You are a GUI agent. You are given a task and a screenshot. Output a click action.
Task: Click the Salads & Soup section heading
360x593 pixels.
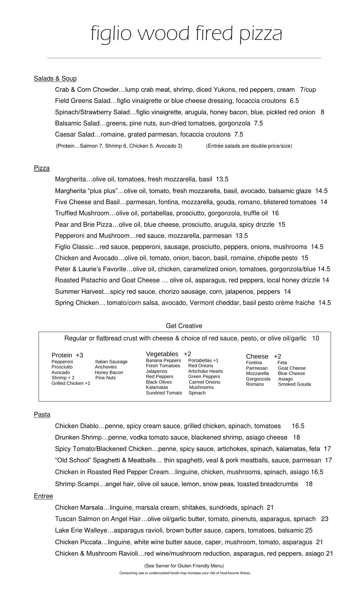tap(55, 78)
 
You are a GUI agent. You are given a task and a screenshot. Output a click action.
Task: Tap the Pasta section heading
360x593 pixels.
tap(42, 414)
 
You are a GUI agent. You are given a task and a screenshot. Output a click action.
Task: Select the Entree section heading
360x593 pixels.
tap(43, 496)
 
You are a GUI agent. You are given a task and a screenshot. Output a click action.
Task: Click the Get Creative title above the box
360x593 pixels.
tap(184, 326)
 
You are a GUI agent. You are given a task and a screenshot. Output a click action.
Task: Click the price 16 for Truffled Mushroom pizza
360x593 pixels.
tap(275, 213)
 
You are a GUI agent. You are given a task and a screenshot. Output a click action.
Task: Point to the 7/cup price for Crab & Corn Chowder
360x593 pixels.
tap(308, 90)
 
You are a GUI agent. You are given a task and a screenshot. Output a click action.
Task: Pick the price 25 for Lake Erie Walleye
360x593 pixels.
tap(309, 530)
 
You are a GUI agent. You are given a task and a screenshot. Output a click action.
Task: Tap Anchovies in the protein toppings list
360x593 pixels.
tap(106, 367)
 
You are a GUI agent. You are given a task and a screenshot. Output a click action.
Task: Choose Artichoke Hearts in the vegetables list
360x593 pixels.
tap(205, 371)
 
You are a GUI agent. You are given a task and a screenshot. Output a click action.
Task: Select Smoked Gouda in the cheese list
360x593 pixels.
tap(295, 384)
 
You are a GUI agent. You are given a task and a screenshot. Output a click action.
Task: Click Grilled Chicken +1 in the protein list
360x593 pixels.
tap(71, 383)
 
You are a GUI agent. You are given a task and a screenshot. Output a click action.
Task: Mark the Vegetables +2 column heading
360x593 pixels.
tap(168, 354)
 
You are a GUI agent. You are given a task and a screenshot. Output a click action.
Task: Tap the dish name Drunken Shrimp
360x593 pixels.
tap(78, 437)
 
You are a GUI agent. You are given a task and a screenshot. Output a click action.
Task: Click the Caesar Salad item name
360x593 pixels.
tap(73, 134)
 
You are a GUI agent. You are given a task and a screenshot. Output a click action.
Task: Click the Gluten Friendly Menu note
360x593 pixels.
tap(184, 566)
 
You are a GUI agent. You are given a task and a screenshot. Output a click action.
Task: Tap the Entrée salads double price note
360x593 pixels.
tap(249, 146)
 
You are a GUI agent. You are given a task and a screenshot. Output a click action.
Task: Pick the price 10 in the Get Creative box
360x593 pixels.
tap(315, 338)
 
